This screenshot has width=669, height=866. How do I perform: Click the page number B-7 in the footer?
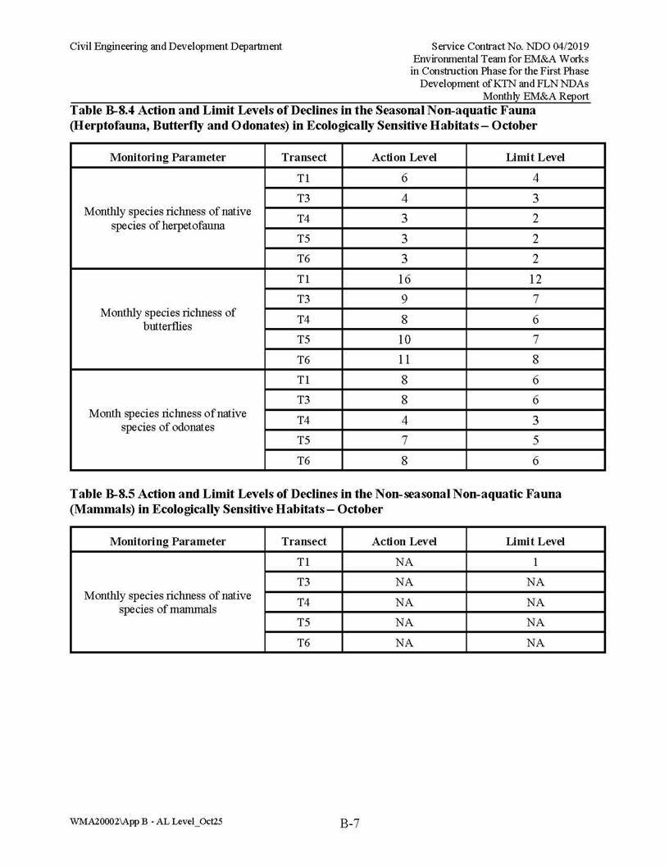pos(350,824)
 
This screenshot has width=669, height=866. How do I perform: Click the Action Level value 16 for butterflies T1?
pos(404,279)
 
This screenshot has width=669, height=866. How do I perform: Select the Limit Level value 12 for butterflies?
pos(535,279)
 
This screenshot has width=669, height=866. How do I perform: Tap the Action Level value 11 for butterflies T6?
pos(404,359)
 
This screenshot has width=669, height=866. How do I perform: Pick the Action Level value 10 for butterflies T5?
pos(404,340)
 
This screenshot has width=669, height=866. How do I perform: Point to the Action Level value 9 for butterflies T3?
pos(404,299)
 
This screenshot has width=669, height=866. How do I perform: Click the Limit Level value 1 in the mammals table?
pos(535,562)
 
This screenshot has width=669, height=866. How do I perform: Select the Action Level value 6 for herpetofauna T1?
pos(404,178)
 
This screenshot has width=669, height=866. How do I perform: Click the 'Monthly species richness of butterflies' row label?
pos(167,319)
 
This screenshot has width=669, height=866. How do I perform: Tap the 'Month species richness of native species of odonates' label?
pos(167,420)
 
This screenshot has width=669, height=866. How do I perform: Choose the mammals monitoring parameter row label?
pos(167,602)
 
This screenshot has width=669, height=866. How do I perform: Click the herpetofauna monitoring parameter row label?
pos(167,218)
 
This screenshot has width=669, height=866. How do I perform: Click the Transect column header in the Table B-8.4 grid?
pos(303,157)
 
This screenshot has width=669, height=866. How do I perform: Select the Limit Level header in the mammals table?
pos(535,541)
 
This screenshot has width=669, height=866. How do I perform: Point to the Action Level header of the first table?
pos(404,157)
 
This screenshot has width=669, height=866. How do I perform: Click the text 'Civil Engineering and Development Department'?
pos(175,46)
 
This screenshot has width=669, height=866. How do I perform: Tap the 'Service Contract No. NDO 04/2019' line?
pos(510,46)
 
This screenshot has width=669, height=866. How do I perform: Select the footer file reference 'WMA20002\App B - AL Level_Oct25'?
pos(146,821)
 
